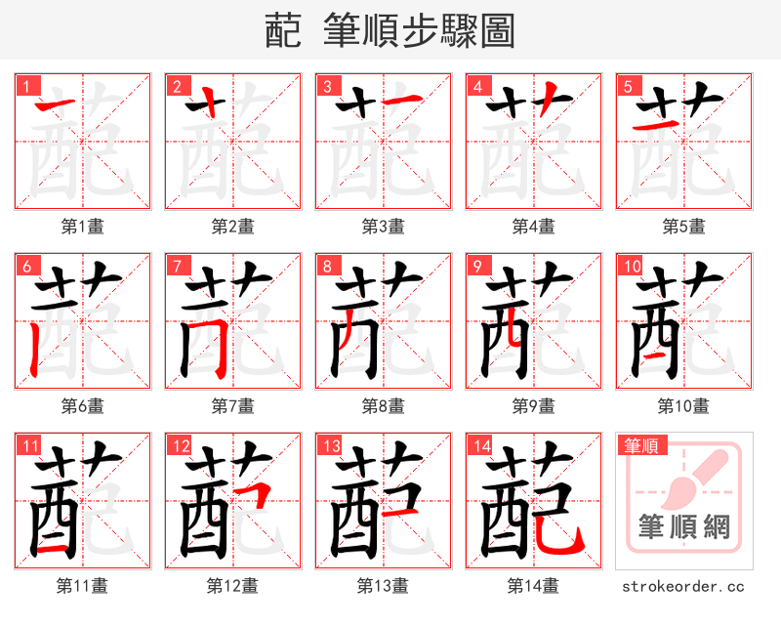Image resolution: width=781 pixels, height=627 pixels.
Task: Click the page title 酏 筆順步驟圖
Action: (390, 30)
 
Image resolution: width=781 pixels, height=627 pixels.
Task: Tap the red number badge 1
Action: (25, 86)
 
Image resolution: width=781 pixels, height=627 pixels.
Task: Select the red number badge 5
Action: (627, 86)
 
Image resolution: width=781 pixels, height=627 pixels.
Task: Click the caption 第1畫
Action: (83, 227)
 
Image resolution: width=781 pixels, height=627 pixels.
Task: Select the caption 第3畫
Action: (384, 227)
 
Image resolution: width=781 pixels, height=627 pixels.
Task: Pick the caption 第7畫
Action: (233, 405)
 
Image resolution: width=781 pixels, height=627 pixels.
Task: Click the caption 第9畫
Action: (534, 405)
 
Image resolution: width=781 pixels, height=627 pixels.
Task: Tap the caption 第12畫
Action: (233, 585)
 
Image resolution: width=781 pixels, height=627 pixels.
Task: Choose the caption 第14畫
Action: (534, 585)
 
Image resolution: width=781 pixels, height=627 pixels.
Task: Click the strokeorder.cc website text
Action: (683, 586)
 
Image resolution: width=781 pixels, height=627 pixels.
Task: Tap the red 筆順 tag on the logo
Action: (640, 445)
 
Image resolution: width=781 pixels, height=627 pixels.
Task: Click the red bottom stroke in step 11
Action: (53, 549)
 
